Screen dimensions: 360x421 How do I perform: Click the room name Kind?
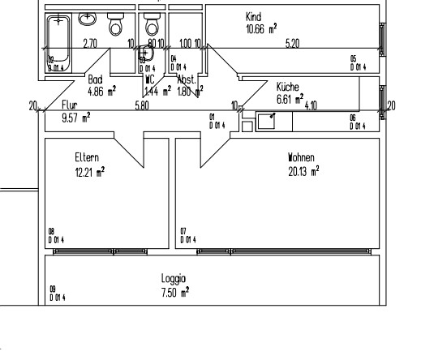[252, 16]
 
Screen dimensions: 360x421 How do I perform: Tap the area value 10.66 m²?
[261, 28]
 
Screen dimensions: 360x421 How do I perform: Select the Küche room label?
[288, 85]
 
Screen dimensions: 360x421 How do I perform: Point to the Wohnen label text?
[300, 157]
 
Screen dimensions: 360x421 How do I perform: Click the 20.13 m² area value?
[303, 169]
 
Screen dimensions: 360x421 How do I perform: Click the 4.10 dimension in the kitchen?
[311, 105]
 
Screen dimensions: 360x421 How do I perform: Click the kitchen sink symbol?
[268, 122]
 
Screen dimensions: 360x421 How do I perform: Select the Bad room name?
[94, 81]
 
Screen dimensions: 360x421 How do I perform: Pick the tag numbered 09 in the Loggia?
[56, 293]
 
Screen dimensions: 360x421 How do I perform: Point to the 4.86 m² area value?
[101, 93]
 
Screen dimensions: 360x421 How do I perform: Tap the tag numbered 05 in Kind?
[356, 63]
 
